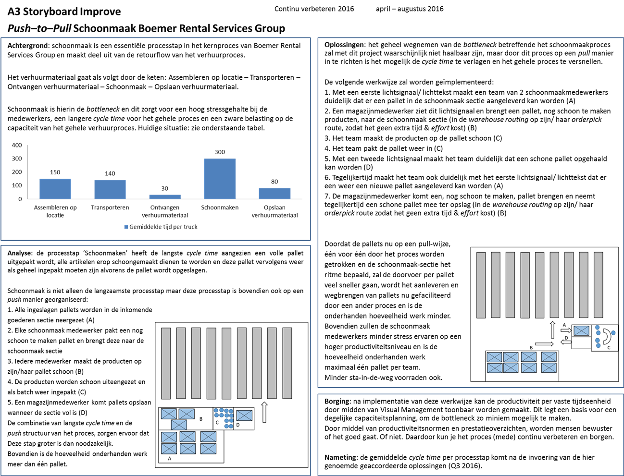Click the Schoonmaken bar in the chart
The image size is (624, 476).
(x=220, y=179)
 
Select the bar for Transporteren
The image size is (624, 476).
(x=110, y=189)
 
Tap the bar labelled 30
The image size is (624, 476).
(x=165, y=196)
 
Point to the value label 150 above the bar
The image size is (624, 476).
(x=55, y=172)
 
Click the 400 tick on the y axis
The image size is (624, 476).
(x=17, y=145)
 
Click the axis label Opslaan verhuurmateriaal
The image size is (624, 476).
(x=275, y=211)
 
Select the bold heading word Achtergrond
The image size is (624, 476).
(x=28, y=46)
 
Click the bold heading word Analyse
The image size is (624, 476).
(x=20, y=253)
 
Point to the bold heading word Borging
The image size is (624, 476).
(x=337, y=401)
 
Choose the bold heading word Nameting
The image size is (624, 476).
(x=340, y=457)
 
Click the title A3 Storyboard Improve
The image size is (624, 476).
(x=64, y=12)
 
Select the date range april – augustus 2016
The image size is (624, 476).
(x=410, y=9)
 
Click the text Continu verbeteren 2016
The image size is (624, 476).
(x=314, y=9)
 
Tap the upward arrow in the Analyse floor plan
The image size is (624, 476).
(x=264, y=412)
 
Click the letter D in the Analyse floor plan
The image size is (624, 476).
(x=237, y=425)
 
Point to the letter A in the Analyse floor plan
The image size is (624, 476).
(x=169, y=459)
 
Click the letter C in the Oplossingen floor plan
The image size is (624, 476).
(x=609, y=348)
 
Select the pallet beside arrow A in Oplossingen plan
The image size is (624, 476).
(x=581, y=330)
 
